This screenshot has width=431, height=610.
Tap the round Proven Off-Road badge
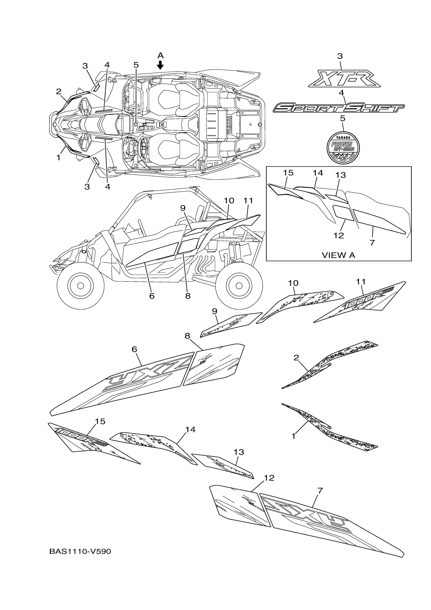click(343, 147)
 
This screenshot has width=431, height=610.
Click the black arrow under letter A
click(160, 65)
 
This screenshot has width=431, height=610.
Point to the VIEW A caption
click(338, 255)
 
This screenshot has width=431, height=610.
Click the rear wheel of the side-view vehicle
click(239, 286)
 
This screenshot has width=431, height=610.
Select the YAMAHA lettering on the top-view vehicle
click(229, 125)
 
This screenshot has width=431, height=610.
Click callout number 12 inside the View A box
click(338, 235)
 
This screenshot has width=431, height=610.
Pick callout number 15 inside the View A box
click(288, 173)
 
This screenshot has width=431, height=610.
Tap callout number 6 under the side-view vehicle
click(152, 296)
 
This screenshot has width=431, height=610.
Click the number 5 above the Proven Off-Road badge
click(343, 118)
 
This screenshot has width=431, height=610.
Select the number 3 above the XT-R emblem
click(340, 56)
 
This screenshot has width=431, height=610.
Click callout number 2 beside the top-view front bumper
click(59, 92)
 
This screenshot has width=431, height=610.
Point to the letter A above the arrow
click(160, 56)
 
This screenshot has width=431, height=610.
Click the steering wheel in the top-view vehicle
click(143, 146)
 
